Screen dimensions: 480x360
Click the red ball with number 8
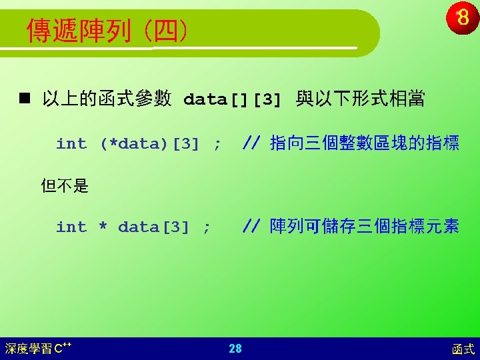tap(462, 17)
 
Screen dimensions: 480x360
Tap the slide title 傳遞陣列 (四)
tap(107, 31)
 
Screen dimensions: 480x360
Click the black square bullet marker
tap(25, 98)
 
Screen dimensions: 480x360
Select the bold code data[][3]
tap(232, 99)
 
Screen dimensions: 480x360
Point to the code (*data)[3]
tap(150, 143)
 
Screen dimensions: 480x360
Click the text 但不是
tap(65, 185)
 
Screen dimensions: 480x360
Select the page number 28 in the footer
tap(235, 349)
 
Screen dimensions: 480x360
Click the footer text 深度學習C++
tap(38, 349)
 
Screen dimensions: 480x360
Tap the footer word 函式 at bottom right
tap(463, 349)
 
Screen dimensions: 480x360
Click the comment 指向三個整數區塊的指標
tap(365, 143)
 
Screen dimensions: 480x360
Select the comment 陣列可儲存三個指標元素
tap(364, 226)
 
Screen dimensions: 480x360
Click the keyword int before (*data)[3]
tap(71, 143)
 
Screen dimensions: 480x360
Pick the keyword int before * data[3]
tap(71, 227)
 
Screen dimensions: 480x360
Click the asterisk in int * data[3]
tap(103, 226)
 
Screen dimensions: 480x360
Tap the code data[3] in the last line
tap(153, 227)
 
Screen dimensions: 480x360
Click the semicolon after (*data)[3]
tap(217, 145)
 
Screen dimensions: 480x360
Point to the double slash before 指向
tap(251, 143)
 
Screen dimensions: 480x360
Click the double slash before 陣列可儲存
tap(251, 226)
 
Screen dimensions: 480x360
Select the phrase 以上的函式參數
tap(107, 99)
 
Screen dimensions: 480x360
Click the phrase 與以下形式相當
tap(360, 99)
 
